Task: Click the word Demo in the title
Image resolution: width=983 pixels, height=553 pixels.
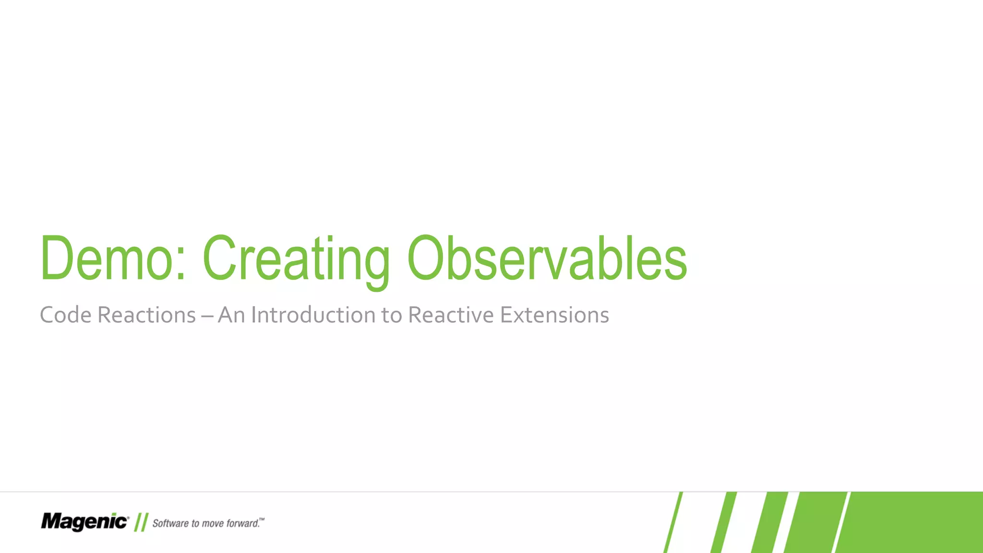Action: click(x=106, y=259)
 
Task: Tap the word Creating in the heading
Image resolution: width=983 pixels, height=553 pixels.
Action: click(x=296, y=259)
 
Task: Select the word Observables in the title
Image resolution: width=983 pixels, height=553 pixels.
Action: click(x=547, y=259)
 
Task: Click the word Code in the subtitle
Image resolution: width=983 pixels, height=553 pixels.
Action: click(x=65, y=315)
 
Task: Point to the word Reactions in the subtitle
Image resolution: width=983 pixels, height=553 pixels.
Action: click(x=146, y=315)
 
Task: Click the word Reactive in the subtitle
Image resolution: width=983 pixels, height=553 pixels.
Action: click(x=450, y=315)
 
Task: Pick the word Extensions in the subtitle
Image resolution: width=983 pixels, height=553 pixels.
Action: click(x=554, y=315)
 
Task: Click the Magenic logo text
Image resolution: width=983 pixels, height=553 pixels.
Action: click(x=84, y=522)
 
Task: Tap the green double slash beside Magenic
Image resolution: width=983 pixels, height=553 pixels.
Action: click(x=141, y=522)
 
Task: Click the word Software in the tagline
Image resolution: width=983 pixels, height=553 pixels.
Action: click(x=170, y=523)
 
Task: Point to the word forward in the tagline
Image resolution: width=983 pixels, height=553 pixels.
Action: click(x=242, y=523)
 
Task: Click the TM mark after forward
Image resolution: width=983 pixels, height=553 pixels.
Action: click(x=262, y=519)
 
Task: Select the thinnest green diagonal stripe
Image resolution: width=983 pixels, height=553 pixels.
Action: click(x=673, y=523)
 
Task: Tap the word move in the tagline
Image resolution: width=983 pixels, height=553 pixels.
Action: click(x=212, y=523)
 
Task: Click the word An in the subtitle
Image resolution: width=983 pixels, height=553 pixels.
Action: click(x=231, y=315)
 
